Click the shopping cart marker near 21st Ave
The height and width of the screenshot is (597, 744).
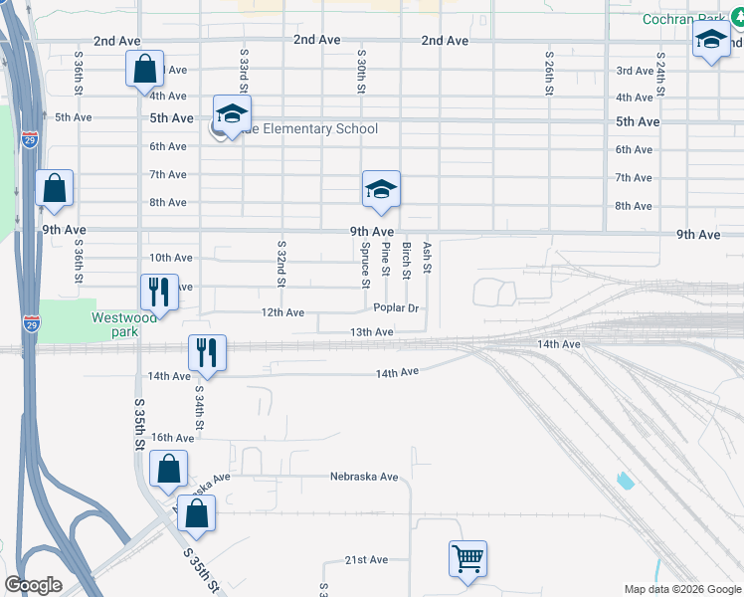pos(467,558)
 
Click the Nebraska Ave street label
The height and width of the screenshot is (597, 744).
pos(364,477)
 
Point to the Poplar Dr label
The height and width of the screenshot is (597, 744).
pos(396,309)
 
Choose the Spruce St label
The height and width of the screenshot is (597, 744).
pos(365,265)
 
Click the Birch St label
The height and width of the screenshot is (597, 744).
pos(407,259)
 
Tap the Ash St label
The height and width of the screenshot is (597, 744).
pos(428,257)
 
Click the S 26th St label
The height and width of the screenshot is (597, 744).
pos(549,73)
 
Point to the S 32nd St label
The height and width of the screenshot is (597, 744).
pos(281,264)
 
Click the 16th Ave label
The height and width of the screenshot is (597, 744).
pos(173,438)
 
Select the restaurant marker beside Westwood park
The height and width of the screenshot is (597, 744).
pos(159,292)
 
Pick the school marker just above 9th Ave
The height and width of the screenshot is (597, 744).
pos(380,189)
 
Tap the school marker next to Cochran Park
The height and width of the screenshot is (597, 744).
pos(710,41)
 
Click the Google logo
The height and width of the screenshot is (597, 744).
pos(33,585)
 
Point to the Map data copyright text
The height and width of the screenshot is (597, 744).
pos(681,589)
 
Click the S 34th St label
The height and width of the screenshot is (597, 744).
pos(199,409)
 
